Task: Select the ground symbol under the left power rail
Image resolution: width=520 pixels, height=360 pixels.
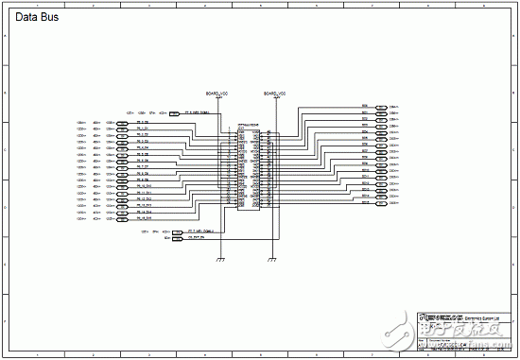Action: (219, 258)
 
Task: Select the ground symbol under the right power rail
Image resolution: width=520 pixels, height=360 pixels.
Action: (272, 258)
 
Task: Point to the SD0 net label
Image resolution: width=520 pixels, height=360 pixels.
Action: (364, 106)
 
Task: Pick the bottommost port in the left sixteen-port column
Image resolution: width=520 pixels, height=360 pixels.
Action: (123, 221)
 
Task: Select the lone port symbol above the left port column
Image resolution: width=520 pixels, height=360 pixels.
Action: (173, 113)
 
